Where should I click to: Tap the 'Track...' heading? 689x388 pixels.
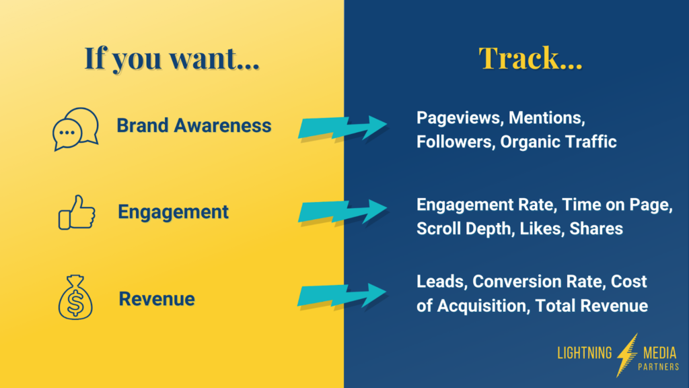tap(530, 59)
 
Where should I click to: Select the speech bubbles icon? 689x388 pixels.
tap(75, 129)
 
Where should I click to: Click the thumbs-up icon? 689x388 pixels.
tap(77, 213)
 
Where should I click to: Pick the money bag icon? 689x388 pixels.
tap(75, 298)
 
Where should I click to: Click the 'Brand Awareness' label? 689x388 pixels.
tap(194, 125)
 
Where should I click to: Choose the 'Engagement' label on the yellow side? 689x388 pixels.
tap(173, 212)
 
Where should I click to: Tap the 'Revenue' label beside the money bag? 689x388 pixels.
tap(157, 298)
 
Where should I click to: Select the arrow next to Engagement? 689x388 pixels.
tap(342, 212)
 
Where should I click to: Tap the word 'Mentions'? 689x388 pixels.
tap(546, 118)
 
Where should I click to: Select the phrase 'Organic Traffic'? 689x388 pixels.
tap(558, 142)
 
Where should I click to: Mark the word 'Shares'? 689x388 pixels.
tap(596, 228)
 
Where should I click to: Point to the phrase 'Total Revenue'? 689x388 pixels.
tap(592, 306)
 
